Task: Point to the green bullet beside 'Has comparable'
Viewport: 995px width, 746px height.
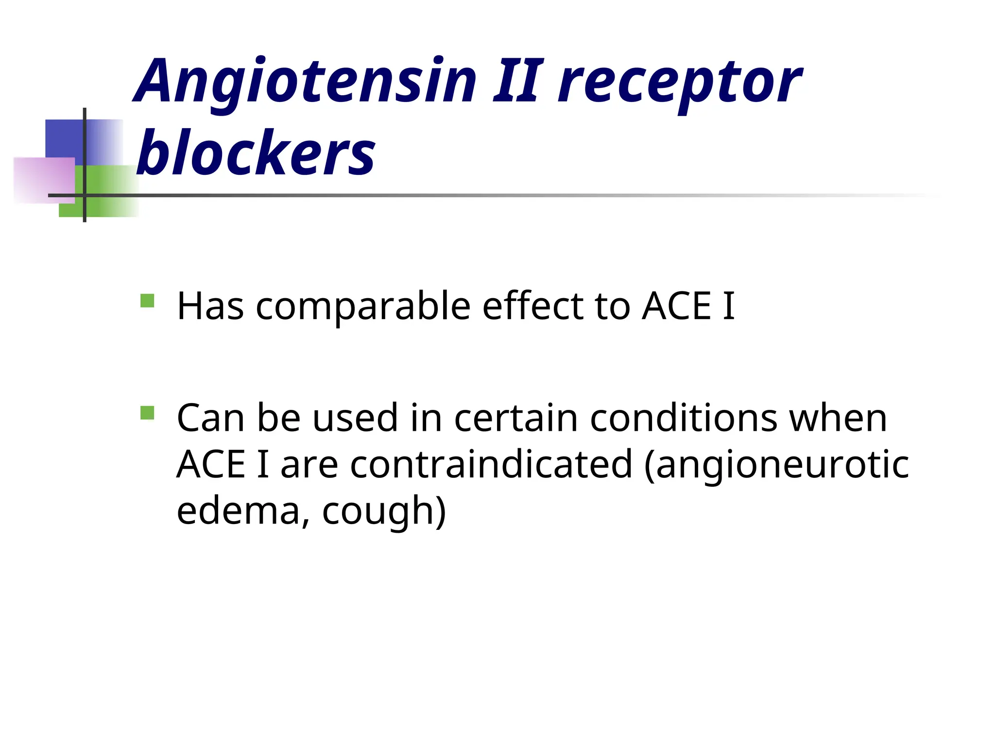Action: pos(147,301)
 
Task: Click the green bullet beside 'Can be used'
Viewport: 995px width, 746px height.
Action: pos(147,413)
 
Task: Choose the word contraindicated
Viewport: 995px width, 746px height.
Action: pos(491,464)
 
